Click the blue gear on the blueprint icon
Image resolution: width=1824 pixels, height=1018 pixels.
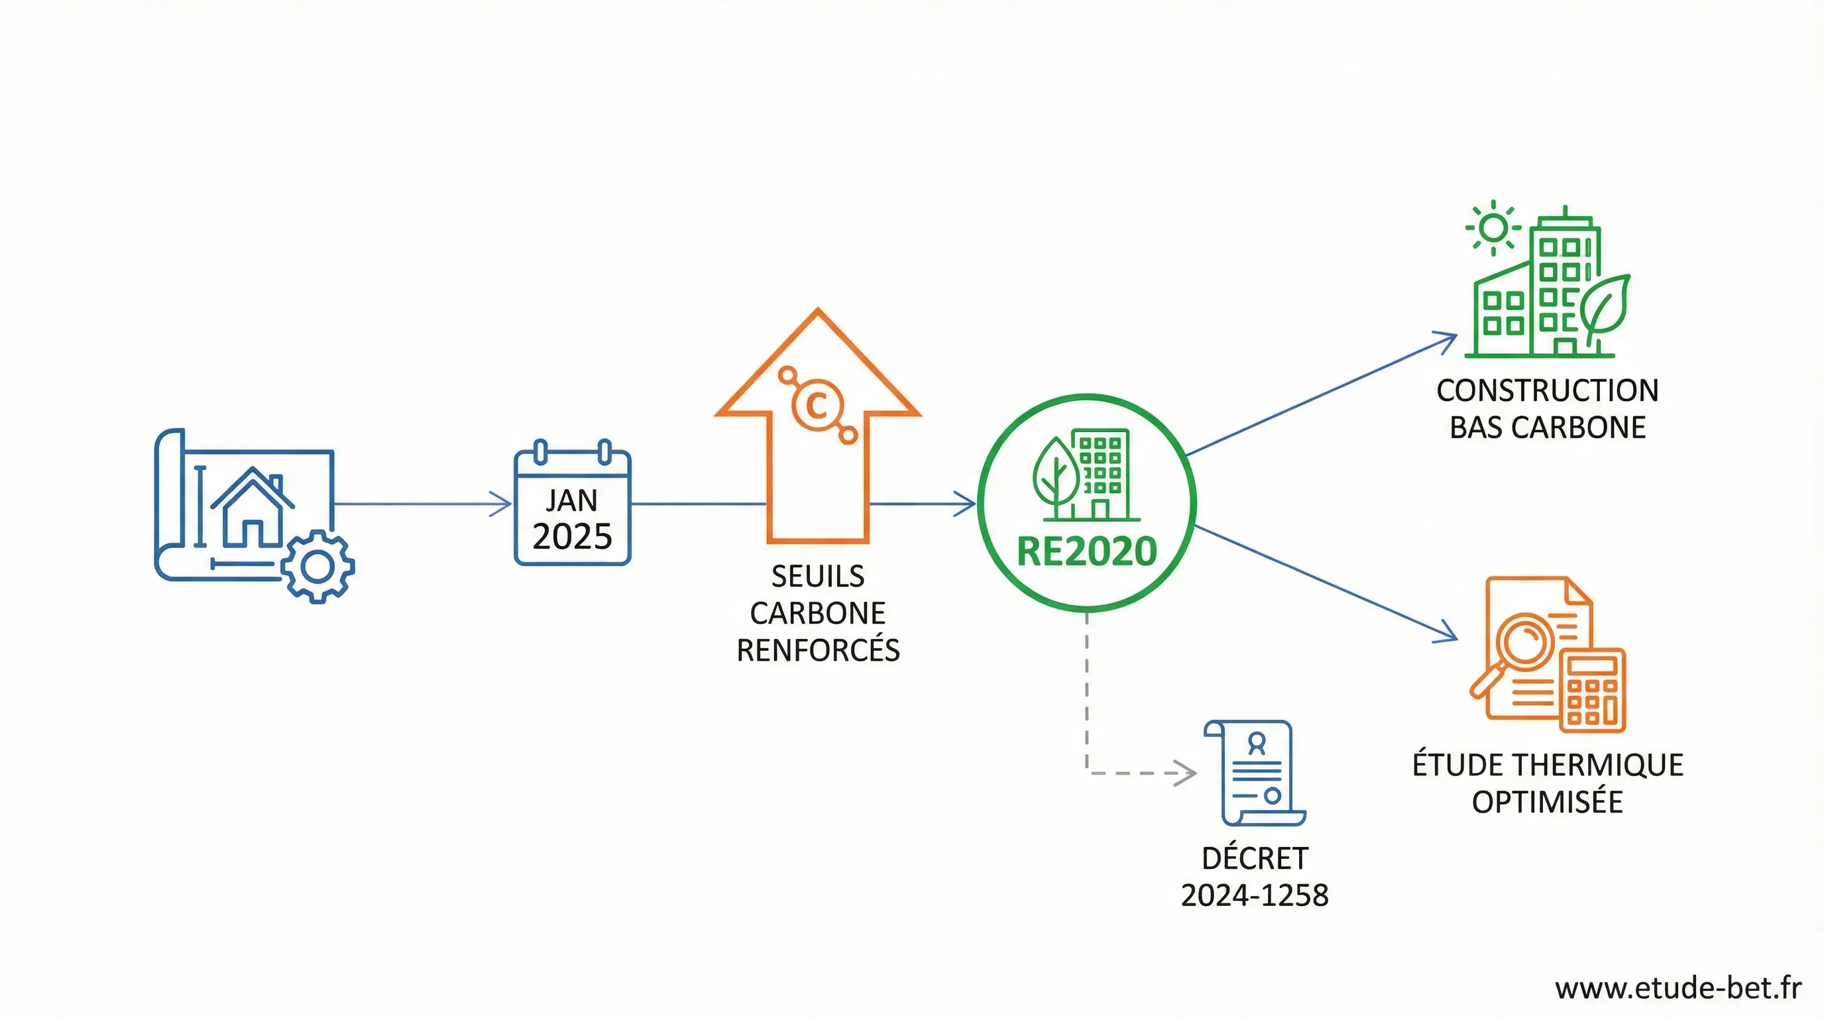coord(317,567)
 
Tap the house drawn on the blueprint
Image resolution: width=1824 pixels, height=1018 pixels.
coord(252,508)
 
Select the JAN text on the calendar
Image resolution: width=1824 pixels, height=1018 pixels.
coord(571,500)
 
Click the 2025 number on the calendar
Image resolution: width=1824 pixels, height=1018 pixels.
coord(571,537)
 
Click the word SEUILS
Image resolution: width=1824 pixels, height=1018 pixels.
coord(817,576)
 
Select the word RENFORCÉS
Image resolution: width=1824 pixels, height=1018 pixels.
coord(817,650)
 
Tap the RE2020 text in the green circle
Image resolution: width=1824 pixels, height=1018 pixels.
coord(1086,551)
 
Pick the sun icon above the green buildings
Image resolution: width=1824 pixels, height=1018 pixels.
coord(1493,228)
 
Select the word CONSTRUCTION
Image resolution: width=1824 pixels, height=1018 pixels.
coord(1547,391)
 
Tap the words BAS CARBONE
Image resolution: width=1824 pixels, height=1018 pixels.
coord(1547,427)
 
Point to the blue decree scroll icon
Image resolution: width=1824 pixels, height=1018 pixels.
coord(1255,772)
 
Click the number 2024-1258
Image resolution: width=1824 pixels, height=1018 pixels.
coord(1254,895)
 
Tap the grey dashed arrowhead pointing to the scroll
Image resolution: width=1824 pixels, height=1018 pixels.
coord(1185,772)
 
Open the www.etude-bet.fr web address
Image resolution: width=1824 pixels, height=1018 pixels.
coord(1678,988)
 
